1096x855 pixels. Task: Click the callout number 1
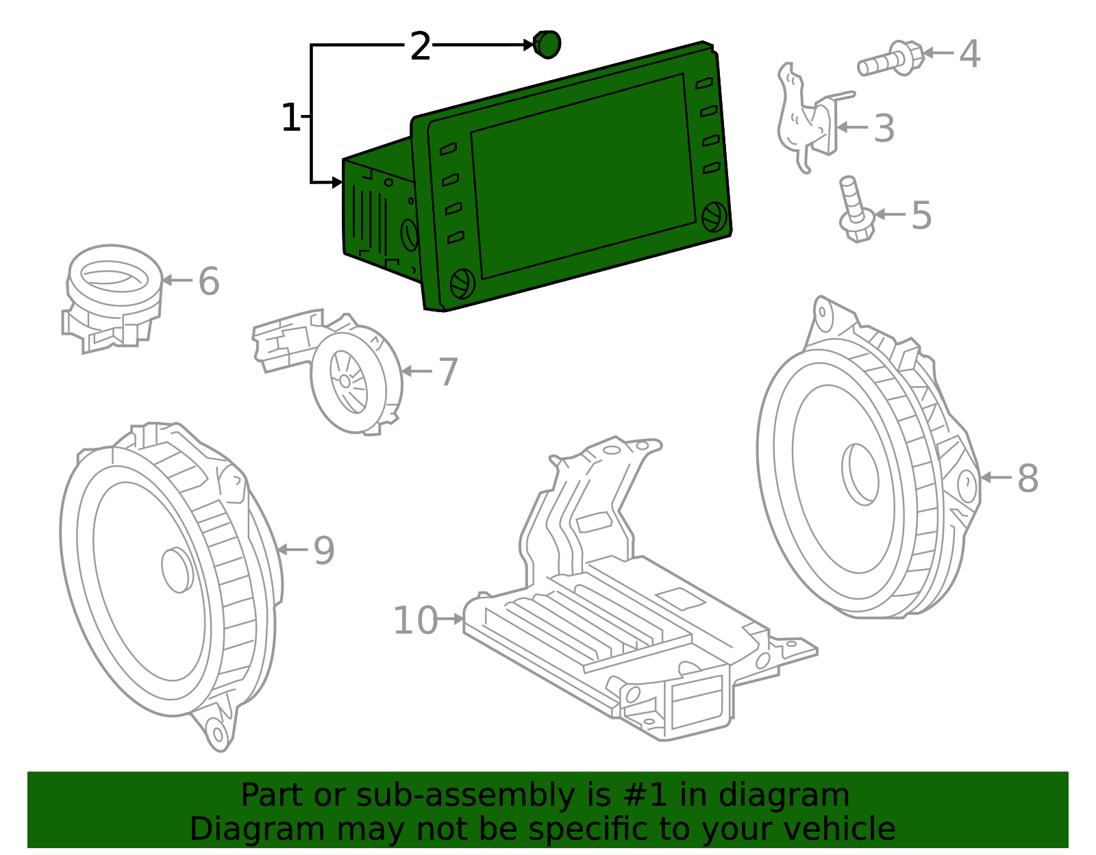click(290, 118)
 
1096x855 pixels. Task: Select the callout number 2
click(420, 47)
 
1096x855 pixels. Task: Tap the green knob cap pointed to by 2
click(547, 44)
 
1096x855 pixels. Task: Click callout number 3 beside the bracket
click(884, 128)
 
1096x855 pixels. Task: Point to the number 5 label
click(921, 215)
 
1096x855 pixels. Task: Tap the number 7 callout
click(447, 372)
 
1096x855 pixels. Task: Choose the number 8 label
click(1027, 478)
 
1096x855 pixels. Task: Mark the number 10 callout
click(415, 620)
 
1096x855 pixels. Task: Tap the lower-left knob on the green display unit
click(462, 283)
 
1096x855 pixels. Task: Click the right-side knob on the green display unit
click(714, 216)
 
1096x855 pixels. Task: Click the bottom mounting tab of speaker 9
click(218, 734)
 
